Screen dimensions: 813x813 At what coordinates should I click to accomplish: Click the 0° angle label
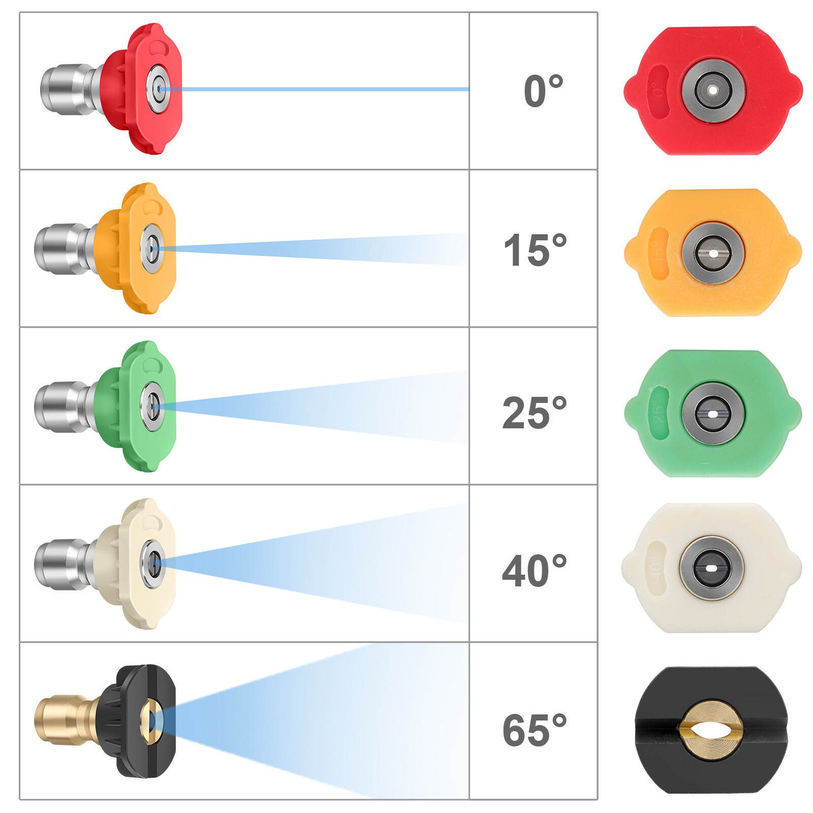pyautogui.click(x=543, y=91)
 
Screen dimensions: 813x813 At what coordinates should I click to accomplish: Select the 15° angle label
pyautogui.click(x=535, y=249)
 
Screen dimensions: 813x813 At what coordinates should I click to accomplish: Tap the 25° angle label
pyautogui.click(x=534, y=413)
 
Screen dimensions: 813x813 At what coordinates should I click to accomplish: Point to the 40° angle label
pyautogui.click(x=534, y=571)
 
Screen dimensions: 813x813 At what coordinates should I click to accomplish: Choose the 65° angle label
pyautogui.click(x=535, y=730)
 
